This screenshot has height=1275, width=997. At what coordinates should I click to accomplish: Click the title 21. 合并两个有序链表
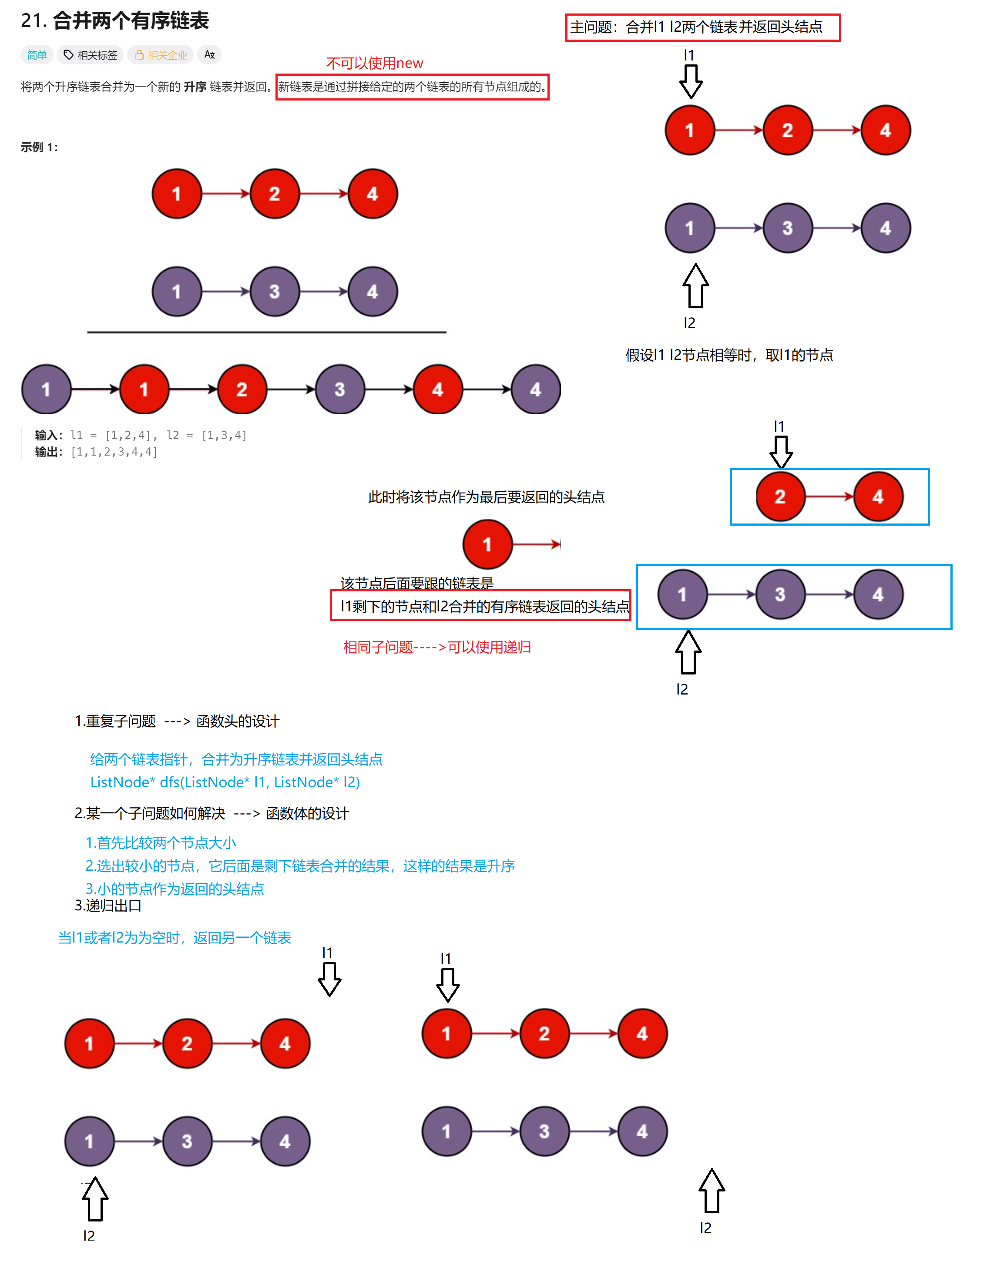pos(114,21)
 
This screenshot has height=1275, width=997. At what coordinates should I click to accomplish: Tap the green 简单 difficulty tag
pos(37,55)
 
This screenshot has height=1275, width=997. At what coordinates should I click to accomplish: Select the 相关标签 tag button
pos(91,55)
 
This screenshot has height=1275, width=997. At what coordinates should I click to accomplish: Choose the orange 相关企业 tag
pos(161,55)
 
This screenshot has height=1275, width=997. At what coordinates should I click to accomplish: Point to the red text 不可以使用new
pos(374,63)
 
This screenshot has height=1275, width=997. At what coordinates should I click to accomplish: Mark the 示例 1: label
pos(39,147)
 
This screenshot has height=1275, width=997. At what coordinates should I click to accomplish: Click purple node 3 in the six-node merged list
pos(340,389)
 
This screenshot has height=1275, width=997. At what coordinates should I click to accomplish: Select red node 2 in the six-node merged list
pos(242,389)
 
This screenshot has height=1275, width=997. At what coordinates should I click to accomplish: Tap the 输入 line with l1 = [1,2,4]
pos(140,435)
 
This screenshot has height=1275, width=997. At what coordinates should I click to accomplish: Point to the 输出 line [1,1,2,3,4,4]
pos(96,452)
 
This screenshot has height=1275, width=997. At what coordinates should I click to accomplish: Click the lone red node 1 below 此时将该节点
pos(487,545)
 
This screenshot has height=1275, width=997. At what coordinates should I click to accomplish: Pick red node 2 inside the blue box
pos(780,497)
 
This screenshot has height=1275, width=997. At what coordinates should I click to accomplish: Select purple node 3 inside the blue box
pos(780,594)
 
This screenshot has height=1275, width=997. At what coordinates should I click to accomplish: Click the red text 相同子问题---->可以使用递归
pos(436,647)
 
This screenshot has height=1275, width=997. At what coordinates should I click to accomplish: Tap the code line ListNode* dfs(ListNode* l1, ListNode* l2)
pos(225,782)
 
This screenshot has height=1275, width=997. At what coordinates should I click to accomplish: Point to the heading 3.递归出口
pos(108,906)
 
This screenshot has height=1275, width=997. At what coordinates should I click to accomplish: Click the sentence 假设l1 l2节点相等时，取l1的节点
pos(729,355)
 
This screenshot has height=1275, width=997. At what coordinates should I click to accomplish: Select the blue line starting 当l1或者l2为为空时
pos(174,938)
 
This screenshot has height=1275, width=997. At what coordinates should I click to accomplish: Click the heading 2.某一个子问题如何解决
pos(211,813)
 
